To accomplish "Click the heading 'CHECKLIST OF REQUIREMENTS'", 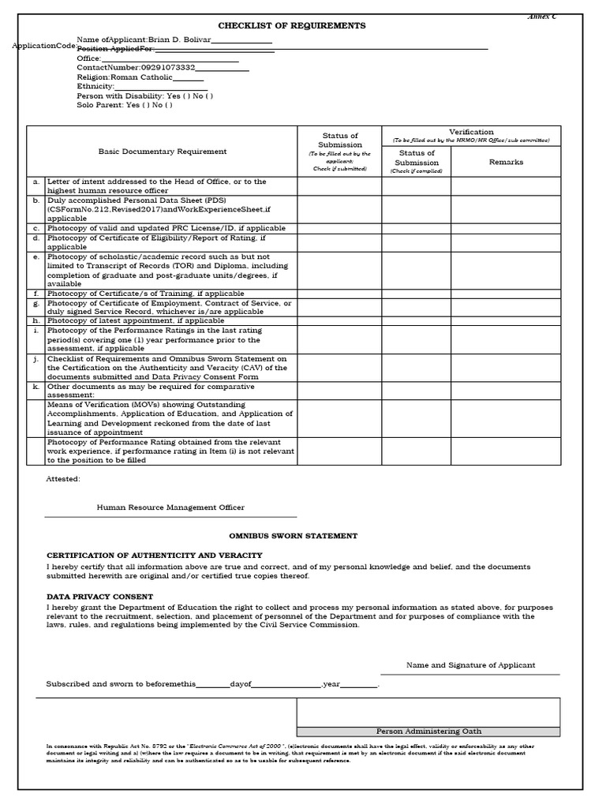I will [292, 25].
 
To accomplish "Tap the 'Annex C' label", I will [541, 17].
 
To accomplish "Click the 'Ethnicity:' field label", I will [95, 87].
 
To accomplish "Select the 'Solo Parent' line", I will [124, 105].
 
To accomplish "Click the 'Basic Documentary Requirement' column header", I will [162, 151].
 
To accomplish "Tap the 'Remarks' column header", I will [506, 162].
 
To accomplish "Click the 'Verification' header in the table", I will [471, 132].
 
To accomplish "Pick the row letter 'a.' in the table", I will [36, 181].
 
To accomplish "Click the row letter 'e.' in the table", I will [36, 256].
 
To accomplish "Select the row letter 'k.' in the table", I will [36, 387].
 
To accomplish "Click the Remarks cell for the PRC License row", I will [506, 228].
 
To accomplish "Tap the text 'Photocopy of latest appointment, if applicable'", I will [136, 321].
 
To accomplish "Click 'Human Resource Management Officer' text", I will [170, 507].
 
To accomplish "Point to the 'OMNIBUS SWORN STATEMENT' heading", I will [293, 536].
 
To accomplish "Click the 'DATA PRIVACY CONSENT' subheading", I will [100, 597].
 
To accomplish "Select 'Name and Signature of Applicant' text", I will [470, 665].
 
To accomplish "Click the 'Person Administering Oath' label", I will [428, 731].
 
